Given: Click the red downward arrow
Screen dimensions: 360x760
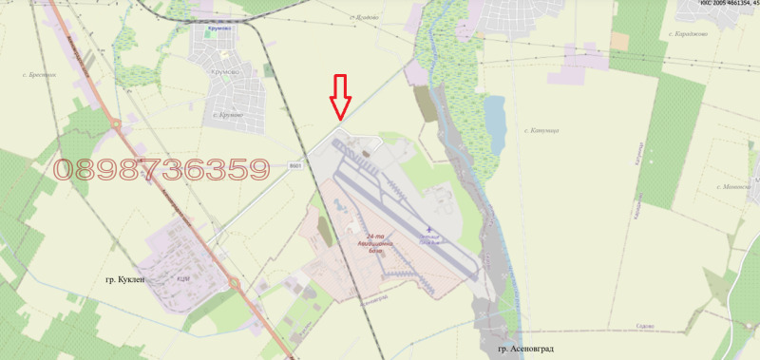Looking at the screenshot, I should coord(340,96).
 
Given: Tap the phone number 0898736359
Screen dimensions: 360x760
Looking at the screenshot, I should coord(161,170).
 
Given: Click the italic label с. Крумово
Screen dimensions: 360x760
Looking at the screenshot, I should coord(224,116).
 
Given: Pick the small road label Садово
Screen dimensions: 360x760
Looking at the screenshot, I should coord(643,326).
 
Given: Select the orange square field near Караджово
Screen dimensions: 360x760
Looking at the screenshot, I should coord(619,41).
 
